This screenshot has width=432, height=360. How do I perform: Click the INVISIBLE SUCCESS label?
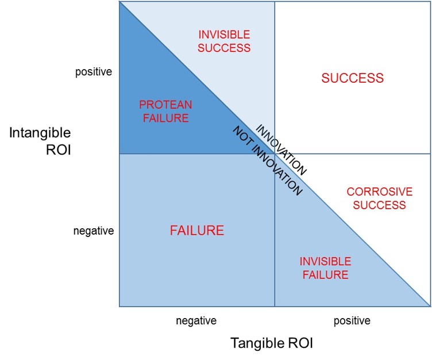pos(224,41)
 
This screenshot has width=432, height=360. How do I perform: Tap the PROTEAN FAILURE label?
pos(165,111)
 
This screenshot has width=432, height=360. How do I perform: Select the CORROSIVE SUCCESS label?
pos(379,198)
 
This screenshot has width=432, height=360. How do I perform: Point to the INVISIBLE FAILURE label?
pos(325,268)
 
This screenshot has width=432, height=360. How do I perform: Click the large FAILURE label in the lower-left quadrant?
pos(196,231)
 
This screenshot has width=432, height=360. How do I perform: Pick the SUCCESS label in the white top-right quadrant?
pos(352,78)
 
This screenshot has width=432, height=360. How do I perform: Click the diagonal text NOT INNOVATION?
pos(268,161)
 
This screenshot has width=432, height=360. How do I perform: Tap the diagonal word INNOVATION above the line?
pos(281,150)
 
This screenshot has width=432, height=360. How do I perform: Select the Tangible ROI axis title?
pos(272,343)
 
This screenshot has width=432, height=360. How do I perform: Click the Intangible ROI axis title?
pos(40,141)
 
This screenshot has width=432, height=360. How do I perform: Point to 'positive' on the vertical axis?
pos(94,72)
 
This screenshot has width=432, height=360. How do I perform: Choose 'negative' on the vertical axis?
pos(94,231)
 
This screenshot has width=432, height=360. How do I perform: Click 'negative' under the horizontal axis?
pos(196,320)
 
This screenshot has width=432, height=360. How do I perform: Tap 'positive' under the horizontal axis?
pos(352,320)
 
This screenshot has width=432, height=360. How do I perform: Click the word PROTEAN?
pos(165,105)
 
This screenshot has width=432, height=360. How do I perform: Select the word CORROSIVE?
pos(379,192)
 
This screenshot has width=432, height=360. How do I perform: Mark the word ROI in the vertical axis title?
pos(59,150)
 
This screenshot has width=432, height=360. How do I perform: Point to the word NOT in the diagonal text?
pos(241,135)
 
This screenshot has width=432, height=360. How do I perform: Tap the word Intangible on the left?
pos(40,133)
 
